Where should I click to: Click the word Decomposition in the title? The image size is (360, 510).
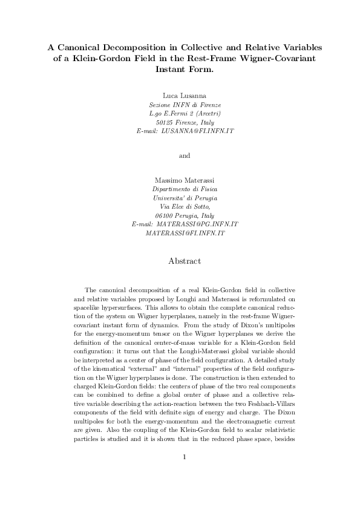tap(145, 47)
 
